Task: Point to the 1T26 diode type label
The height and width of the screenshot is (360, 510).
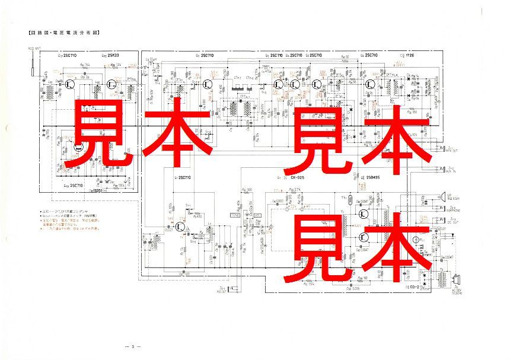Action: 406,55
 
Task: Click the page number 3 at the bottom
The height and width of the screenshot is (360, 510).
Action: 134,346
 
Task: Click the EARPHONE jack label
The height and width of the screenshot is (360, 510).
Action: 454,209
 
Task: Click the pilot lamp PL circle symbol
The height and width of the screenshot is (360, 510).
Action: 416,240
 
